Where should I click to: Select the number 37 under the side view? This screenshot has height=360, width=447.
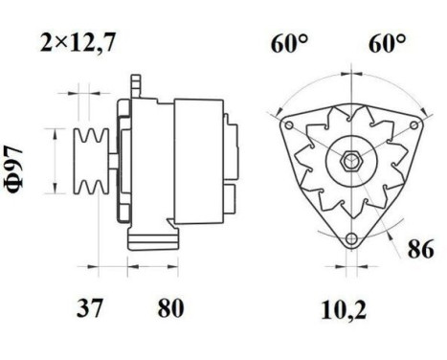[91, 308]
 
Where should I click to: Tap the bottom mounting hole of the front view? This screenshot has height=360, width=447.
[351, 239]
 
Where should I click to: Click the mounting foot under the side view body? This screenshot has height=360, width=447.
[153, 235]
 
